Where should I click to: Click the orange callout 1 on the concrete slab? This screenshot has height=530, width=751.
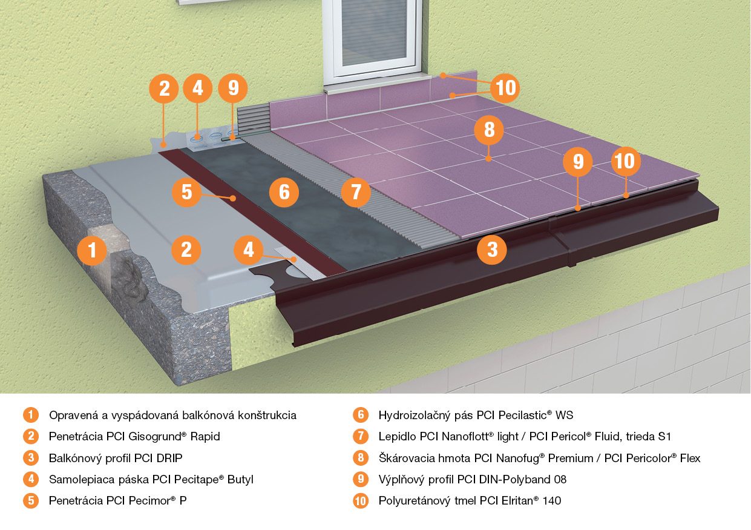[x=91, y=251]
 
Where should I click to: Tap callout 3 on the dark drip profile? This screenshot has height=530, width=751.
[x=492, y=250]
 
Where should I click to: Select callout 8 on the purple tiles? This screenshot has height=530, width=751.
[x=489, y=130]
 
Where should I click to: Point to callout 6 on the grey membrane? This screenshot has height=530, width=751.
[x=284, y=192]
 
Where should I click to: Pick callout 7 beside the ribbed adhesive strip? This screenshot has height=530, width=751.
[x=356, y=192]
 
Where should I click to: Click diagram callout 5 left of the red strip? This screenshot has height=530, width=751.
[x=186, y=192]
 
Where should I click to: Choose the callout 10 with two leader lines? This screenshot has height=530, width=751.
[x=505, y=88]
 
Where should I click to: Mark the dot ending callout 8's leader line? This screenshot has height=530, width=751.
[x=488, y=159]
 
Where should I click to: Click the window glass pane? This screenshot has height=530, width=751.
[x=374, y=33]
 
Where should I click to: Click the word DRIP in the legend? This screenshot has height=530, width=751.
[x=169, y=458]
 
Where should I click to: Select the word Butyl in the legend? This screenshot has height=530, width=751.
[x=240, y=480]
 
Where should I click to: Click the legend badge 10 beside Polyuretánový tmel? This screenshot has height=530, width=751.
[x=361, y=501]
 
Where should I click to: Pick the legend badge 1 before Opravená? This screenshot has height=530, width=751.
[x=31, y=415]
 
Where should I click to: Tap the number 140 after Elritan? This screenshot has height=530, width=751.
[x=552, y=501]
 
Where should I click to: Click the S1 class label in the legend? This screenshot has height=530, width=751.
[x=664, y=437]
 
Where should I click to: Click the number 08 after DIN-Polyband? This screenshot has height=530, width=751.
[x=560, y=479]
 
